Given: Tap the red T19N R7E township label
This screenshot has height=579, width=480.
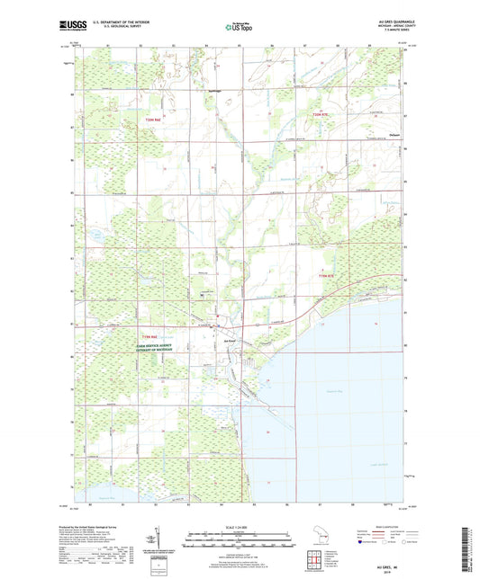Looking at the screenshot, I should pos(331,276).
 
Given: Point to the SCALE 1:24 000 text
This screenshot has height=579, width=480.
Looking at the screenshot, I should pos(239,526).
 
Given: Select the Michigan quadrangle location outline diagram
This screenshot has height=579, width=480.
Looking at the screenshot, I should pos(318,543).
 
